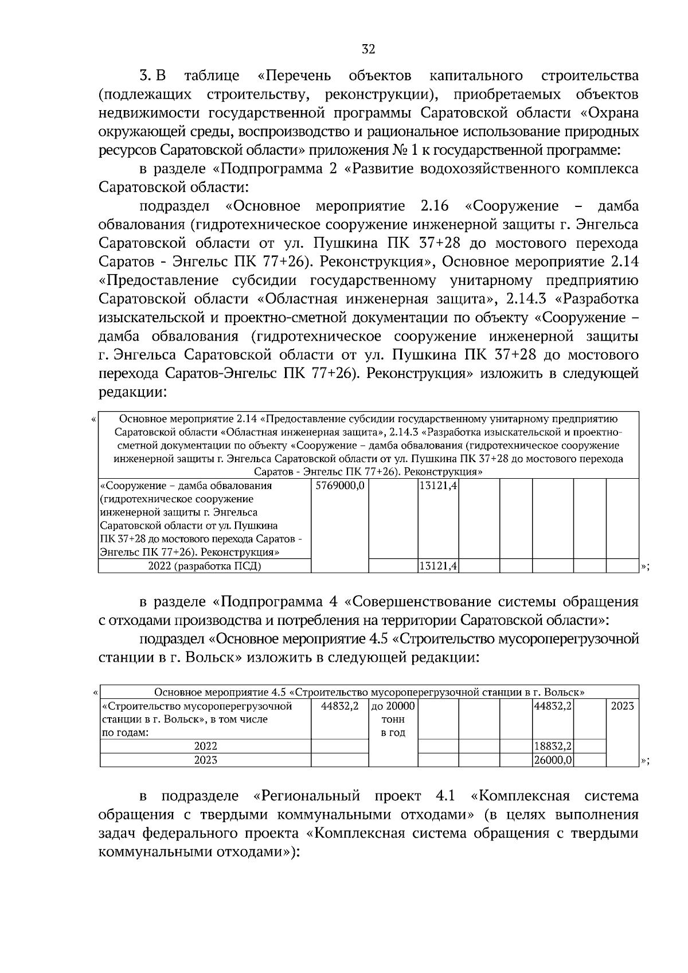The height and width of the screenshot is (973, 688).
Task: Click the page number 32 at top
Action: (368, 50)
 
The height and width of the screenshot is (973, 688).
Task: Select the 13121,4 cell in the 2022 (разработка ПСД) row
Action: (437, 566)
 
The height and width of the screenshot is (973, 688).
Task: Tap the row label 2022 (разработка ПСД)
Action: (204, 566)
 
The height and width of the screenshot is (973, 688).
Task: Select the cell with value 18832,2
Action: (553, 747)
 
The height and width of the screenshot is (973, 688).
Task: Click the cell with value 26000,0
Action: (553, 760)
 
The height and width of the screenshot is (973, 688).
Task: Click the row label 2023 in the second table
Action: (205, 760)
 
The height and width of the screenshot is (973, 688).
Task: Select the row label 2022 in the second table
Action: (205, 747)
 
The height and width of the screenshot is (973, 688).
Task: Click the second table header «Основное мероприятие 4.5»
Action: (369, 692)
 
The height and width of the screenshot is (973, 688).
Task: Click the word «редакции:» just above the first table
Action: (132, 393)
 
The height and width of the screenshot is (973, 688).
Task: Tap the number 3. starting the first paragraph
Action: (146, 76)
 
